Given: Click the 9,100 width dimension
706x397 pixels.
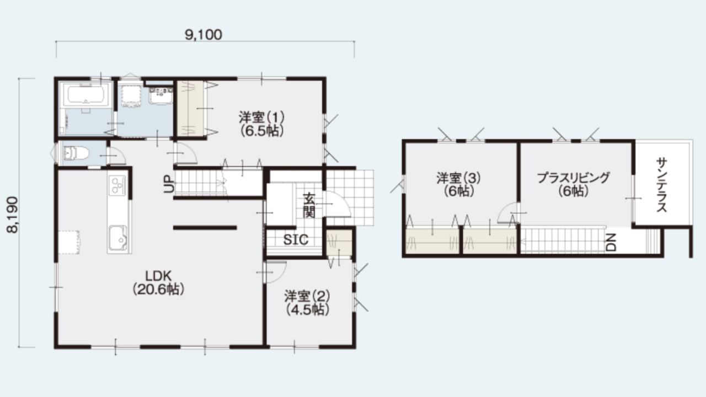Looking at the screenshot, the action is click(x=204, y=35).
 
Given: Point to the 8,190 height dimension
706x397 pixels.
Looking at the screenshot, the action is click(x=13, y=214).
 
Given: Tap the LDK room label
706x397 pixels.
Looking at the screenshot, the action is click(x=158, y=276).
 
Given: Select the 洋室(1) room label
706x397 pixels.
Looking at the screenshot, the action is click(x=261, y=117).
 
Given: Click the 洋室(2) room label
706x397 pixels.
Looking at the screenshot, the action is click(x=307, y=297).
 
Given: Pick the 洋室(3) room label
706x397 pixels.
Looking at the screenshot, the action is click(x=458, y=178).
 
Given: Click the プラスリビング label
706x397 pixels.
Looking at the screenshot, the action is click(x=573, y=178).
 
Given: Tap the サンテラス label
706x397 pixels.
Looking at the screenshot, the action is click(x=661, y=185).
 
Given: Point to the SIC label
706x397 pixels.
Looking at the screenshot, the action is click(x=296, y=240).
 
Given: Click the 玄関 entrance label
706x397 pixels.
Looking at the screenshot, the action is click(x=309, y=206).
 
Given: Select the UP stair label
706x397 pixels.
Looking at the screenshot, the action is click(x=169, y=184).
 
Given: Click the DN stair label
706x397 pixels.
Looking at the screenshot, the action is click(x=611, y=242).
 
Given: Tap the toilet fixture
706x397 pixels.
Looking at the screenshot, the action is click(x=76, y=153).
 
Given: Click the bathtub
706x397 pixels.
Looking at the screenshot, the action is click(x=85, y=94).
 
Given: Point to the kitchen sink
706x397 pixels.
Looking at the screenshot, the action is click(x=118, y=238).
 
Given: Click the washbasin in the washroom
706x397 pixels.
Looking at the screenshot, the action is click(x=161, y=96).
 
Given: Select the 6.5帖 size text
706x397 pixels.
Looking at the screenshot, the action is click(x=261, y=131).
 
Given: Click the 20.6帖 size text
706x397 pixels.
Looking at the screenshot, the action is click(x=158, y=289).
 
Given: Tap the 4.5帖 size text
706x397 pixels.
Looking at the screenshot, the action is click(x=307, y=310).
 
